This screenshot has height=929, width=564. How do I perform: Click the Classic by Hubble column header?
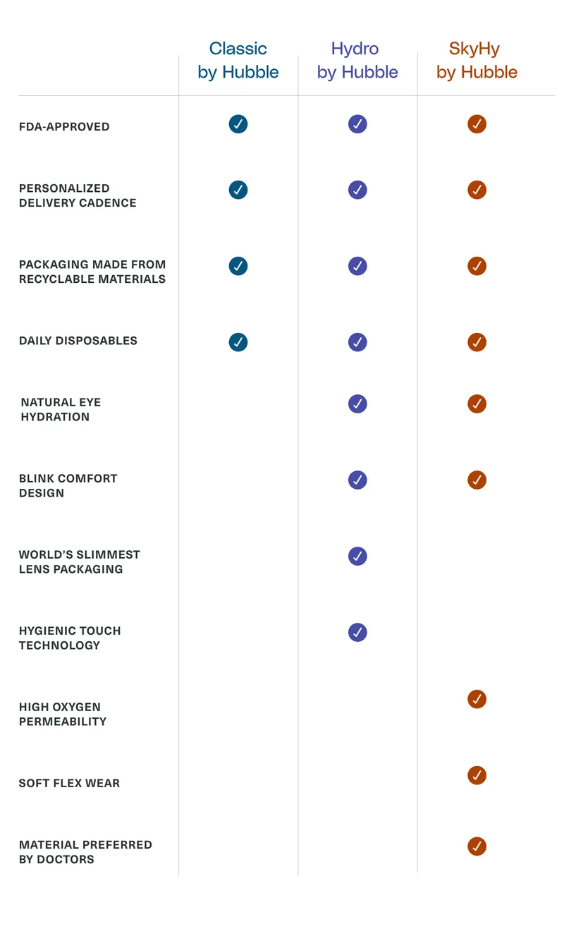(x=238, y=61)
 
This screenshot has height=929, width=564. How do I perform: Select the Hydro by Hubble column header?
(x=357, y=61)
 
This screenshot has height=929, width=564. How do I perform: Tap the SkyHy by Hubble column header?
(x=477, y=61)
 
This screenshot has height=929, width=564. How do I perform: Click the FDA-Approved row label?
(x=64, y=126)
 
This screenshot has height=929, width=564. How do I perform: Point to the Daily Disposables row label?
(x=78, y=341)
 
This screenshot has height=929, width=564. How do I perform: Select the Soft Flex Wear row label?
(x=69, y=783)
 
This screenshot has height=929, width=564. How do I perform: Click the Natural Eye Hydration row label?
(x=61, y=409)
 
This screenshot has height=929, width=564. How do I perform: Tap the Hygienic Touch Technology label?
(x=70, y=638)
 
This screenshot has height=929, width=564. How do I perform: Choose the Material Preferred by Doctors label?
(x=85, y=852)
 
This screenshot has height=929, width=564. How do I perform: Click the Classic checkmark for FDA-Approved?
(x=238, y=124)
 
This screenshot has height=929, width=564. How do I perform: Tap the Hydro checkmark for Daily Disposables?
(x=357, y=342)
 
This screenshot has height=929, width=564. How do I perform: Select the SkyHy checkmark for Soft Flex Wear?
(x=477, y=775)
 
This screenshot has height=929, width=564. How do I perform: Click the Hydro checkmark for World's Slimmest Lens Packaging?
(x=357, y=556)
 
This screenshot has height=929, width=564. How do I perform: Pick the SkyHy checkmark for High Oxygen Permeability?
(x=477, y=699)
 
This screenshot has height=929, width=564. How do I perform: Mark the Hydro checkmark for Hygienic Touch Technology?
(x=357, y=633)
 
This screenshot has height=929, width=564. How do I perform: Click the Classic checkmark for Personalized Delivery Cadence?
(x=238, y=190)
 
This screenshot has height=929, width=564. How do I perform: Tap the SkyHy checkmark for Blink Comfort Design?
(x=477, y=480)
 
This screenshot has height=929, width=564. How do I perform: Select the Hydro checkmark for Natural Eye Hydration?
(x=357, y=404)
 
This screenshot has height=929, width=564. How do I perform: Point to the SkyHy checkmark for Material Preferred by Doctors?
(x=477, y=846)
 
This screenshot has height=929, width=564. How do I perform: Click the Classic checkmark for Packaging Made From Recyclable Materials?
(x=238, y=266)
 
